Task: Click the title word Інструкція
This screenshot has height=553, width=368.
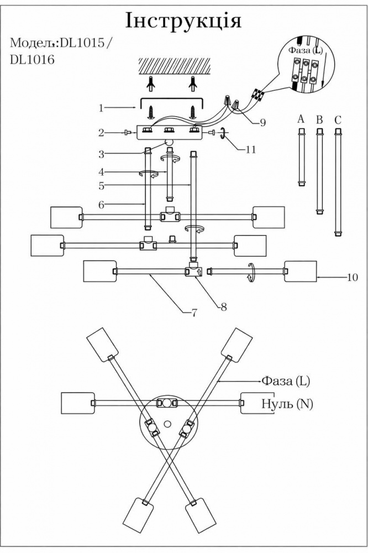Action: [x=183, y=20]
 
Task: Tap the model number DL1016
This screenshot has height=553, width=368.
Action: [x=32, y=61]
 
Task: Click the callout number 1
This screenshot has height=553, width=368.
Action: [x=101, y=108]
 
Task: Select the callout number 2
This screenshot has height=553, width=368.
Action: [x=101, y=132]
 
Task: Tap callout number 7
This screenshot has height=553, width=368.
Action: [x=194, y=312]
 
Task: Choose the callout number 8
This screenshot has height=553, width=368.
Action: [x=223, y=306]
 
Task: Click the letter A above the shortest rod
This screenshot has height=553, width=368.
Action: [x=301, y=119]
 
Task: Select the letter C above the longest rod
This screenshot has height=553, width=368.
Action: [x=338, y=119]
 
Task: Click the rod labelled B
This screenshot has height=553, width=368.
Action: [x=319, y=171]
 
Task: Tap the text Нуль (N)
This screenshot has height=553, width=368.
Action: [x=287, y=404]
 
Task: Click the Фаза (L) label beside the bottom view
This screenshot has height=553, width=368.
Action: [x=286, y=381]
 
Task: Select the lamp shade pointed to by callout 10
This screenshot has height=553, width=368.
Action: [x=300, y=271]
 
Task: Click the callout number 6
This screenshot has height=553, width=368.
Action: [x=101, y=205]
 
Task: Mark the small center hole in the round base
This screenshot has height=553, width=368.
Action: [x=168, y=424]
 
